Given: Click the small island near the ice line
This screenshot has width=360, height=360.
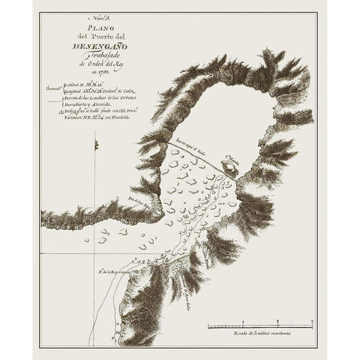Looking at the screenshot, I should pos(229,171).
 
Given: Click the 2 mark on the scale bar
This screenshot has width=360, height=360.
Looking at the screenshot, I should pos(273,326).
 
